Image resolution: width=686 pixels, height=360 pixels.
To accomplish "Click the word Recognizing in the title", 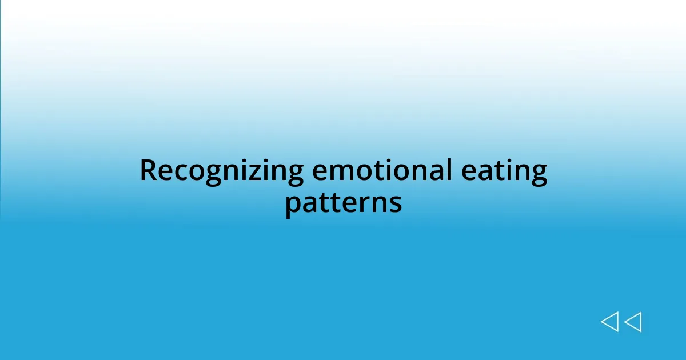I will (x=222, y=171).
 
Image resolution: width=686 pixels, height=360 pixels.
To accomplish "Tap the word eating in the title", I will (x=510, y=171).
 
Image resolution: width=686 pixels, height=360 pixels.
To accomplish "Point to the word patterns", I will (x=343, y=203).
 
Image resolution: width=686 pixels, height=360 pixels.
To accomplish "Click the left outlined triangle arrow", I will (x=609, y=322).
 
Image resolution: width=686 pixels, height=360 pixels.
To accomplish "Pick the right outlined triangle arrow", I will (x=633, y=322).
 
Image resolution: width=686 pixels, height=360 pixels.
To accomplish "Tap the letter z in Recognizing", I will (x=252, y=173).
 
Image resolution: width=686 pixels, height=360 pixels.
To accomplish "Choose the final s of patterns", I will (x=395, y=204).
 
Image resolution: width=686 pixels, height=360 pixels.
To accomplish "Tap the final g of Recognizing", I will (x=294, y=175).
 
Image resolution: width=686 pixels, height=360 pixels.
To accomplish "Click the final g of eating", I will (x=539, y=175).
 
